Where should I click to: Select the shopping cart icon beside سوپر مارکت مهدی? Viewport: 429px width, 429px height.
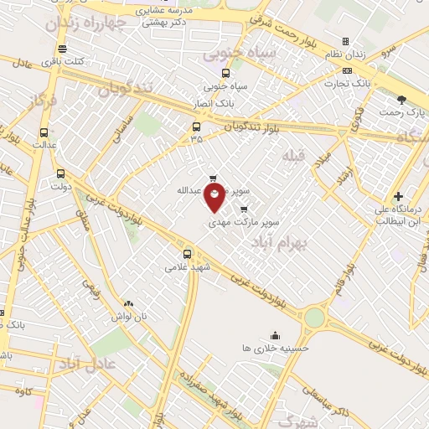(244, 209)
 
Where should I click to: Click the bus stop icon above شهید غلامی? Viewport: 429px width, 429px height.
(186, 254)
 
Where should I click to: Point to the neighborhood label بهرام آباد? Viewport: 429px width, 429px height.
(280, 240)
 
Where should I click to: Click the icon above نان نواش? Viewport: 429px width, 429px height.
(127, 304)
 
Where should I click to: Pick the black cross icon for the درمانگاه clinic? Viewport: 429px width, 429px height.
(398, 196)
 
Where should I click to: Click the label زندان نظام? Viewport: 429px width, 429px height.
(345, 54)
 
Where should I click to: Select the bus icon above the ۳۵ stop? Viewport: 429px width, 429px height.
(196, 127)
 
